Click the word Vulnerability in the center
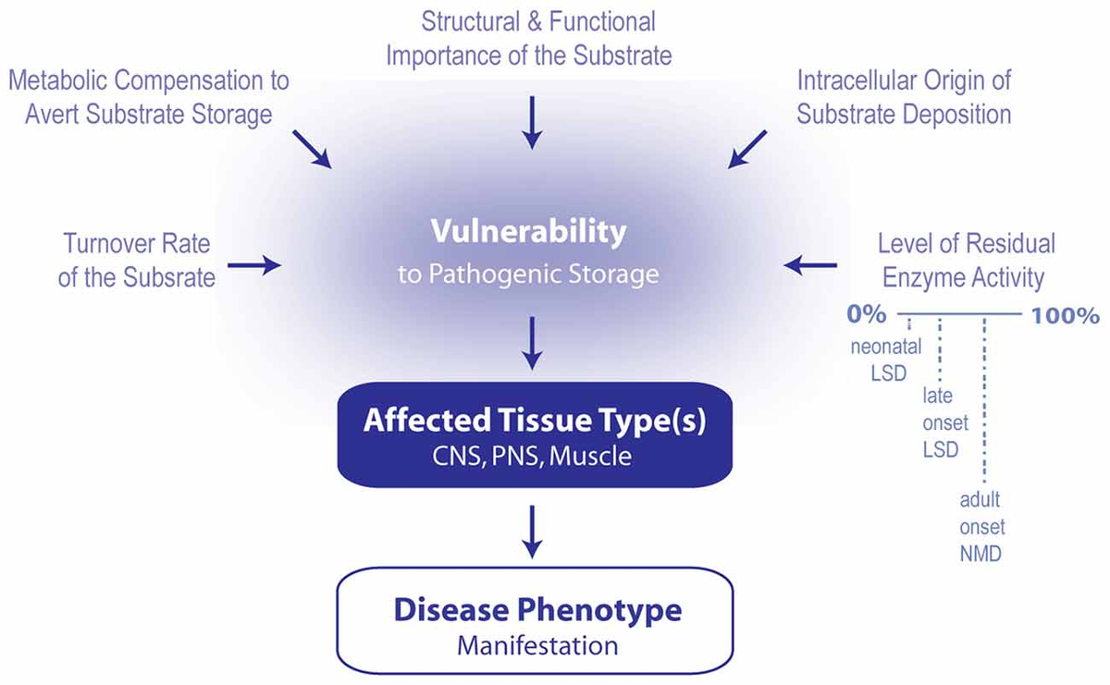(529, 232)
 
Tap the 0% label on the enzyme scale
(866, 314)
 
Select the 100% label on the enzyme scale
(1066, 315)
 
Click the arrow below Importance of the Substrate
(532, 123)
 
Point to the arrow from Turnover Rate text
(254, 265)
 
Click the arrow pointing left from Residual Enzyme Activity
(810, 265)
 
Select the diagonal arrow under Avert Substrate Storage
(313, 150)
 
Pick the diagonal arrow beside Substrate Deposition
(747, 150)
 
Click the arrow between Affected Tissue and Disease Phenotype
(532, 532)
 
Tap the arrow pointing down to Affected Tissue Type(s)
(532, 343)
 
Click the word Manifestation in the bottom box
(537, 646)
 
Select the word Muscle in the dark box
(590, 456)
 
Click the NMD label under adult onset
(980, 554)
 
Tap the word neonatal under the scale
(886, 347)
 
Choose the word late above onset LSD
(938, 396)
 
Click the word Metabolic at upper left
(57, 80)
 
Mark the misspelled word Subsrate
(169, 277)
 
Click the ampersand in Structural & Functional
(536, 22)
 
